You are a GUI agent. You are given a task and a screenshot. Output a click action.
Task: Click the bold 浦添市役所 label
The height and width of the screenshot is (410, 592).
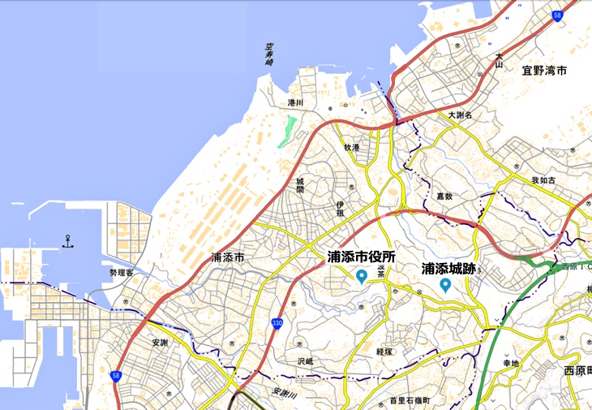tap(362, 257)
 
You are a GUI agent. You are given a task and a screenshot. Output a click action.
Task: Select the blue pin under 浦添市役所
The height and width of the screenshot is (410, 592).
tap(362, 277)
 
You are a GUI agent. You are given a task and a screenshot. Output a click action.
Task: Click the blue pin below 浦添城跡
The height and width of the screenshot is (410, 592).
tap(445, 285)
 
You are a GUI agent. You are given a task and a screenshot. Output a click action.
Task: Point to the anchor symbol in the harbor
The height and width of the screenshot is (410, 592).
tap(68, 240)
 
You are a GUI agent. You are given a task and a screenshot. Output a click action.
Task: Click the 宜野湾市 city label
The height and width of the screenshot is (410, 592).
tap(544, 71)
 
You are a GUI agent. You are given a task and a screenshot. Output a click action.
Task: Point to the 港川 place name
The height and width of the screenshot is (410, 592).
tap(294, 103)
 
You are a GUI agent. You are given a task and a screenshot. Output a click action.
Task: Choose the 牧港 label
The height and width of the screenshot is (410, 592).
tap(351, 147)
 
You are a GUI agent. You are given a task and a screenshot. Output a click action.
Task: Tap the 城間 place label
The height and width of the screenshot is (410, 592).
tap(299, 185)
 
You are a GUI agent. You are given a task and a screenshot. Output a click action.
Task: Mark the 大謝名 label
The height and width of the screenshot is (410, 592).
tap(460, 115)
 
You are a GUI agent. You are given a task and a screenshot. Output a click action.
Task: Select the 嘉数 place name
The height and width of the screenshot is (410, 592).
tap(444, 196)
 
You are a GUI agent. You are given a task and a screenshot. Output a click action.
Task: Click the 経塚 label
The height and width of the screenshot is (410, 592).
tap(384, 352)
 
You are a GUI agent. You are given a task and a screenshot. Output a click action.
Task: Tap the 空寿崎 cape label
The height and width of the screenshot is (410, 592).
tap(270, 55)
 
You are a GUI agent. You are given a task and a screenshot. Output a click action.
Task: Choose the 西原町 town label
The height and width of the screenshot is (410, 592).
tap(577, 371)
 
